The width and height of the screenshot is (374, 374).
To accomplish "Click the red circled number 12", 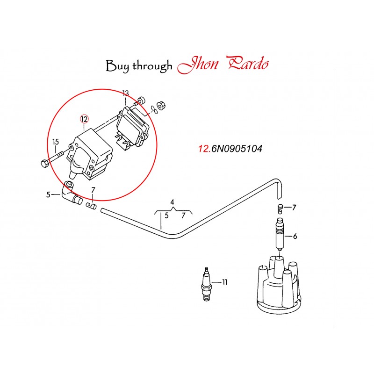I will pos(84,119).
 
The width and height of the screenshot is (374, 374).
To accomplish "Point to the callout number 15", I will pos(56,142).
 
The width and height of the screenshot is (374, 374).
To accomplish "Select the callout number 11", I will pos(225,282).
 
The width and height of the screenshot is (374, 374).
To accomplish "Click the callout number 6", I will pos(295,236).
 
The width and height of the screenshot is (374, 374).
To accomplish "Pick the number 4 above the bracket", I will pos(173,202).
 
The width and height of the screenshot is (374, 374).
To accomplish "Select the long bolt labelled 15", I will pos(53,158).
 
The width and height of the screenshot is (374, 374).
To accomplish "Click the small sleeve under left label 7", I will pos(92,205).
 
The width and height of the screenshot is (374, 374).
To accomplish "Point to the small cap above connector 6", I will pos(280,208).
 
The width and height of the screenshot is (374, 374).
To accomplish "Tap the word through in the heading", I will pos(152,66).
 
